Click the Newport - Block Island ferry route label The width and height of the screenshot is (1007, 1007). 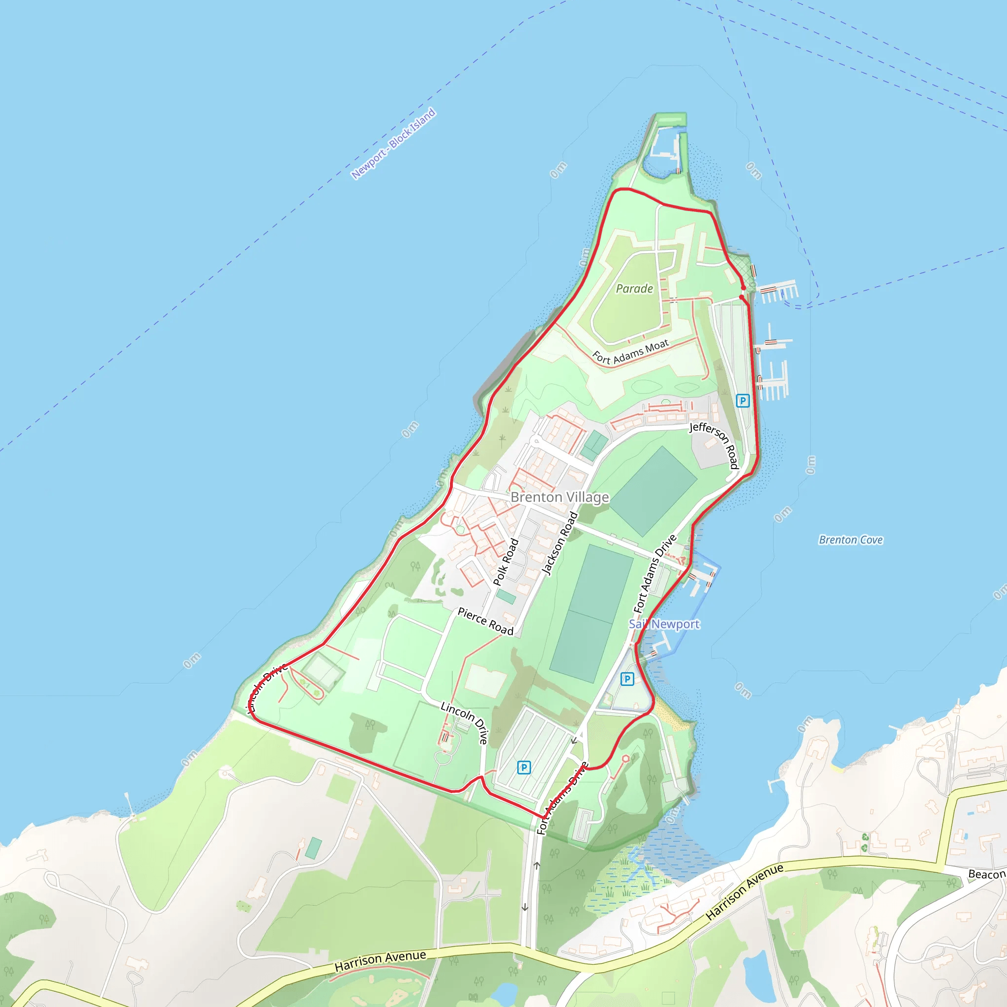click(x=393, y=144)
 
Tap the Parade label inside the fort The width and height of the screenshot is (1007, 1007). click(x=634, y=289)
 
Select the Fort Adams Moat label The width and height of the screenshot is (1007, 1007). click(x=631, y=353)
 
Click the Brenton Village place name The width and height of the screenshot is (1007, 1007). click(x=560, y=497)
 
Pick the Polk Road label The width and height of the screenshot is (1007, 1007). click(x=505, y=562)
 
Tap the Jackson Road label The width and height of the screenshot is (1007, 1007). click(x=560, y=543)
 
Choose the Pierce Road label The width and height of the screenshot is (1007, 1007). click(x=485, y=622)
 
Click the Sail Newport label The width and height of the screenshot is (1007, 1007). click(x=664, y=624)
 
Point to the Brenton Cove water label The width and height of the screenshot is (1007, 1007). click(x=851, y=540)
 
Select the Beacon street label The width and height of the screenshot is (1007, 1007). click(x=987, y=874)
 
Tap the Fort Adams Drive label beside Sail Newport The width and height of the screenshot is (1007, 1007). click(x=654, y=573)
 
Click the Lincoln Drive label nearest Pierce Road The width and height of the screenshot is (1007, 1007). click(x=464, y=722)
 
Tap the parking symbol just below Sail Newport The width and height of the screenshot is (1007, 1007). click(x=627, y=679)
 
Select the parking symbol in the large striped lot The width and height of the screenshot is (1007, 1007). click(x=524, y=767)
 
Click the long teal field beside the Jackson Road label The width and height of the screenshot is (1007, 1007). click(x=592, y=613)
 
